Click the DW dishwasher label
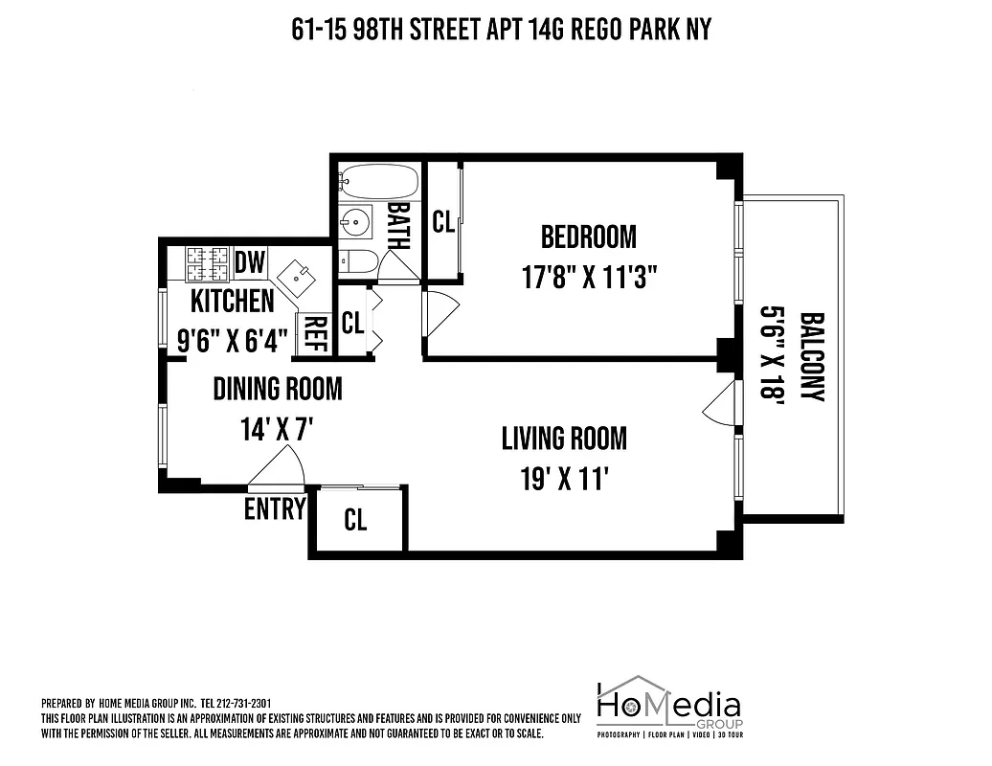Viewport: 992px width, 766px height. [x=250, y=260]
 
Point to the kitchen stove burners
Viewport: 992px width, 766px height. [x=208, y=261]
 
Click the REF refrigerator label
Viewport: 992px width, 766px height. [x=314, y=335]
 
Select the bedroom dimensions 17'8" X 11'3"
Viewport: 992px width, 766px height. [x=588, y=277]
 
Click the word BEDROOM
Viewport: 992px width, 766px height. [x=588, y=236]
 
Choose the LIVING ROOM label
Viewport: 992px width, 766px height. [x=564, y=439]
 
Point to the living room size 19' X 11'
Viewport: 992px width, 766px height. [x=564, y=479]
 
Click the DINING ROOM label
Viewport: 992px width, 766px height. [x=277, y=388]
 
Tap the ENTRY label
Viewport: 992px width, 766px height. [x=275, y=508]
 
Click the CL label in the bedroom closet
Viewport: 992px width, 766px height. [x=442, y=222]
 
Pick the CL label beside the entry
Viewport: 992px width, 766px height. [x=355, y=520]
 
